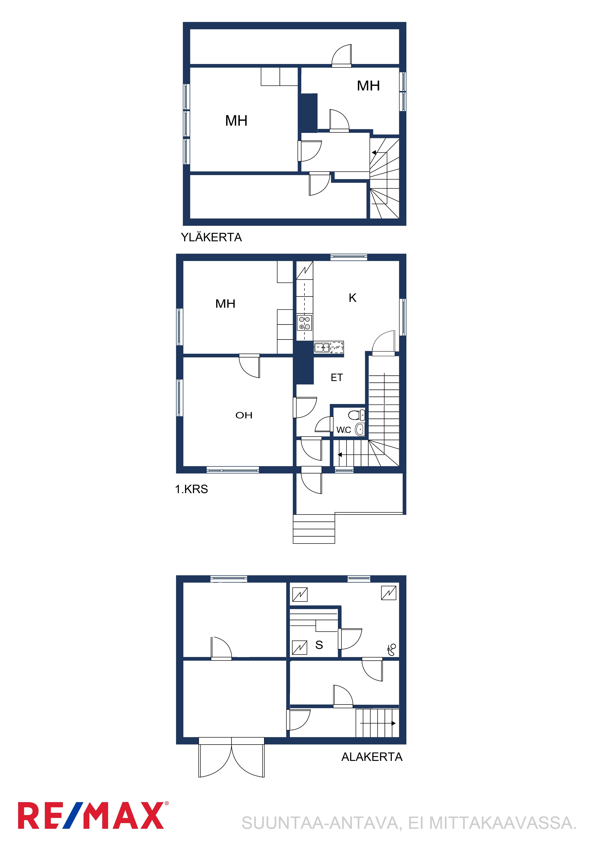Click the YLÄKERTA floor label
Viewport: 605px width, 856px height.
pos(211,238)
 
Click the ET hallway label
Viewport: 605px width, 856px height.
pos(337,378)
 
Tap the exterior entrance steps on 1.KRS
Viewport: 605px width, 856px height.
pos(314,529)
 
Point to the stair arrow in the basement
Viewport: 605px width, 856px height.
pos(378,723)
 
